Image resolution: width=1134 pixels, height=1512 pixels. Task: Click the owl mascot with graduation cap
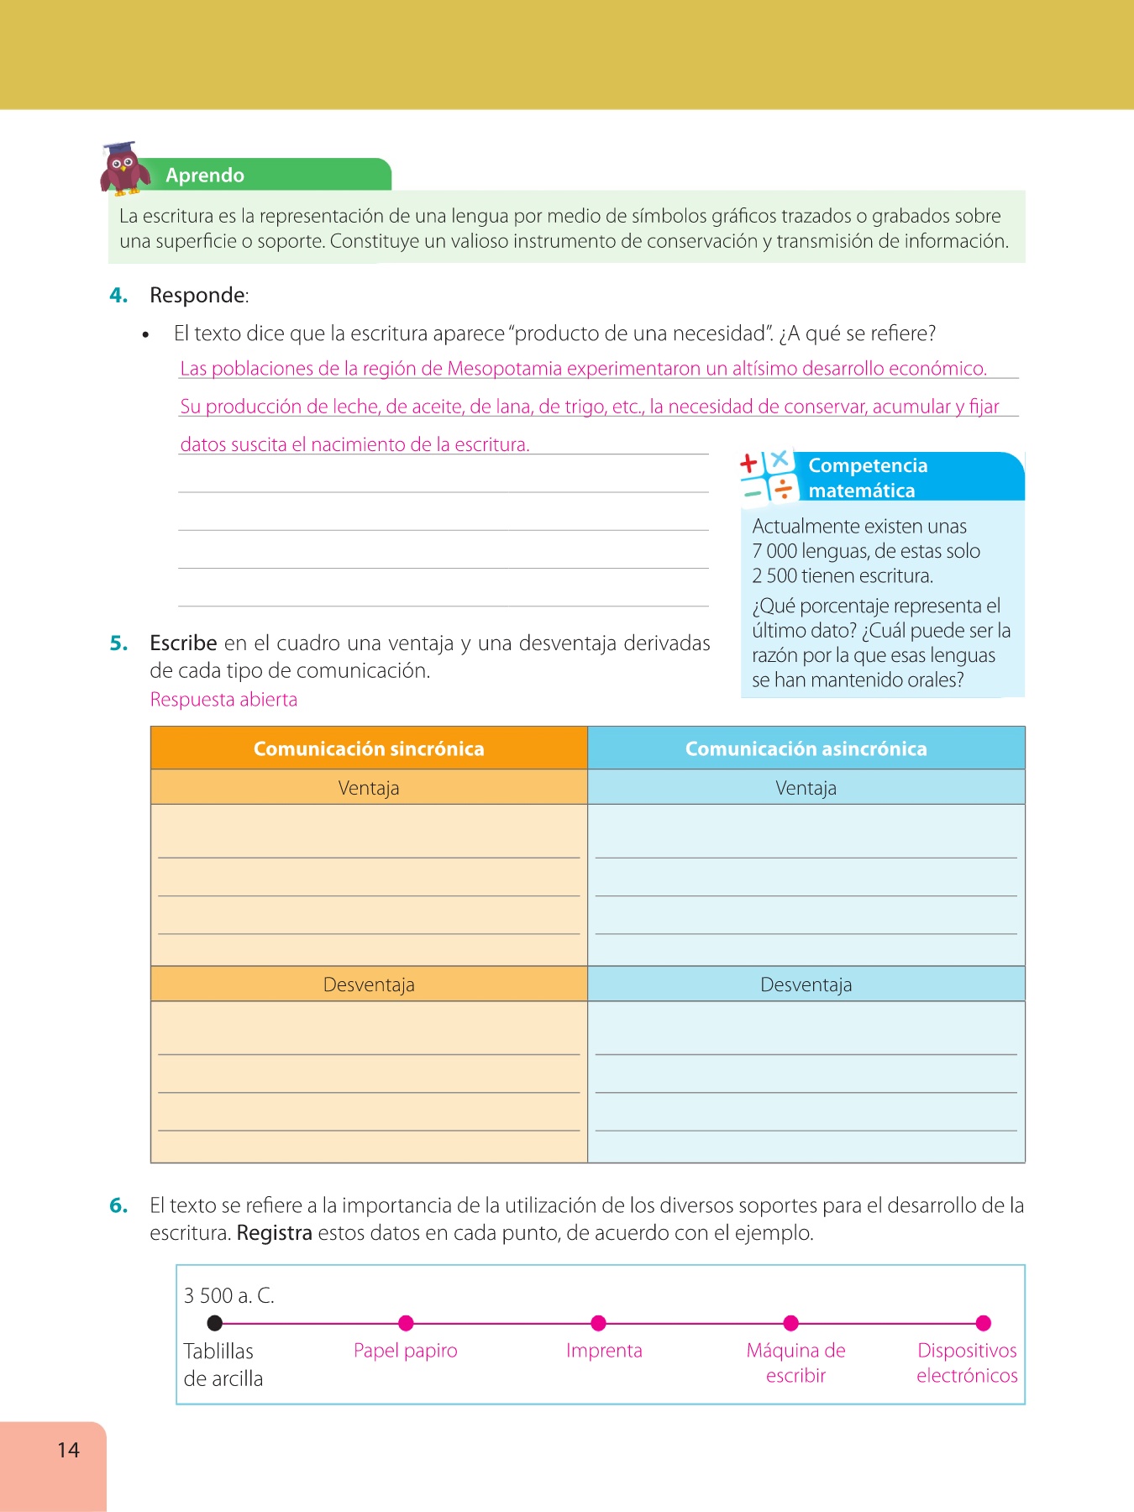124,168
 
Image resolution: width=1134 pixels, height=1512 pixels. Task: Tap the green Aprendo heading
205,176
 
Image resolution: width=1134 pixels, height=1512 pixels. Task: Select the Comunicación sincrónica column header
369,748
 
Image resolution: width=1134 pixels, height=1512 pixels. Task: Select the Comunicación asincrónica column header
806,748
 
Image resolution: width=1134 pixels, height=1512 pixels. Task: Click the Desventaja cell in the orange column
369,984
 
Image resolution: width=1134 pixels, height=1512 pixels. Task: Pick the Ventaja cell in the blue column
806,788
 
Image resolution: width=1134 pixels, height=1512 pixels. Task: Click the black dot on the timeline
215,1323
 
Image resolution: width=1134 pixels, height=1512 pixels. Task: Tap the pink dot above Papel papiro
406,1323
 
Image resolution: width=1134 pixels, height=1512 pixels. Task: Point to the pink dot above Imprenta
598,1323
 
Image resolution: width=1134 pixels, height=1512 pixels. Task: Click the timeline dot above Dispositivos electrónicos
984,1323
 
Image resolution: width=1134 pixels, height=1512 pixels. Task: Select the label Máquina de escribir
795,1362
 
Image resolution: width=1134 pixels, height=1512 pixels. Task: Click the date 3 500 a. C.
229,1295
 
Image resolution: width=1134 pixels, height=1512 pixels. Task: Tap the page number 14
68,1450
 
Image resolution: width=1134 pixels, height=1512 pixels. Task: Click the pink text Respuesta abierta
223,700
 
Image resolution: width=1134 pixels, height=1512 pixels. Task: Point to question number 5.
118,643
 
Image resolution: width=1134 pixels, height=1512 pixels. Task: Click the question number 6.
118,1205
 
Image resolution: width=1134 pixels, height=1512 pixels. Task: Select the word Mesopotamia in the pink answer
504,369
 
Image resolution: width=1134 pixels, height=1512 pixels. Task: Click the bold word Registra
274,1233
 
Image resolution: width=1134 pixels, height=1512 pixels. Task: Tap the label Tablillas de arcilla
223,1364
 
